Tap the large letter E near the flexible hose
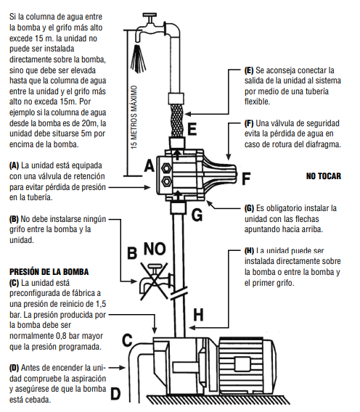192,131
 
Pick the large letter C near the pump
127,338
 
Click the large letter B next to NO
132,253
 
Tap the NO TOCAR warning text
324,176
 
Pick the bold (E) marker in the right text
249,70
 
